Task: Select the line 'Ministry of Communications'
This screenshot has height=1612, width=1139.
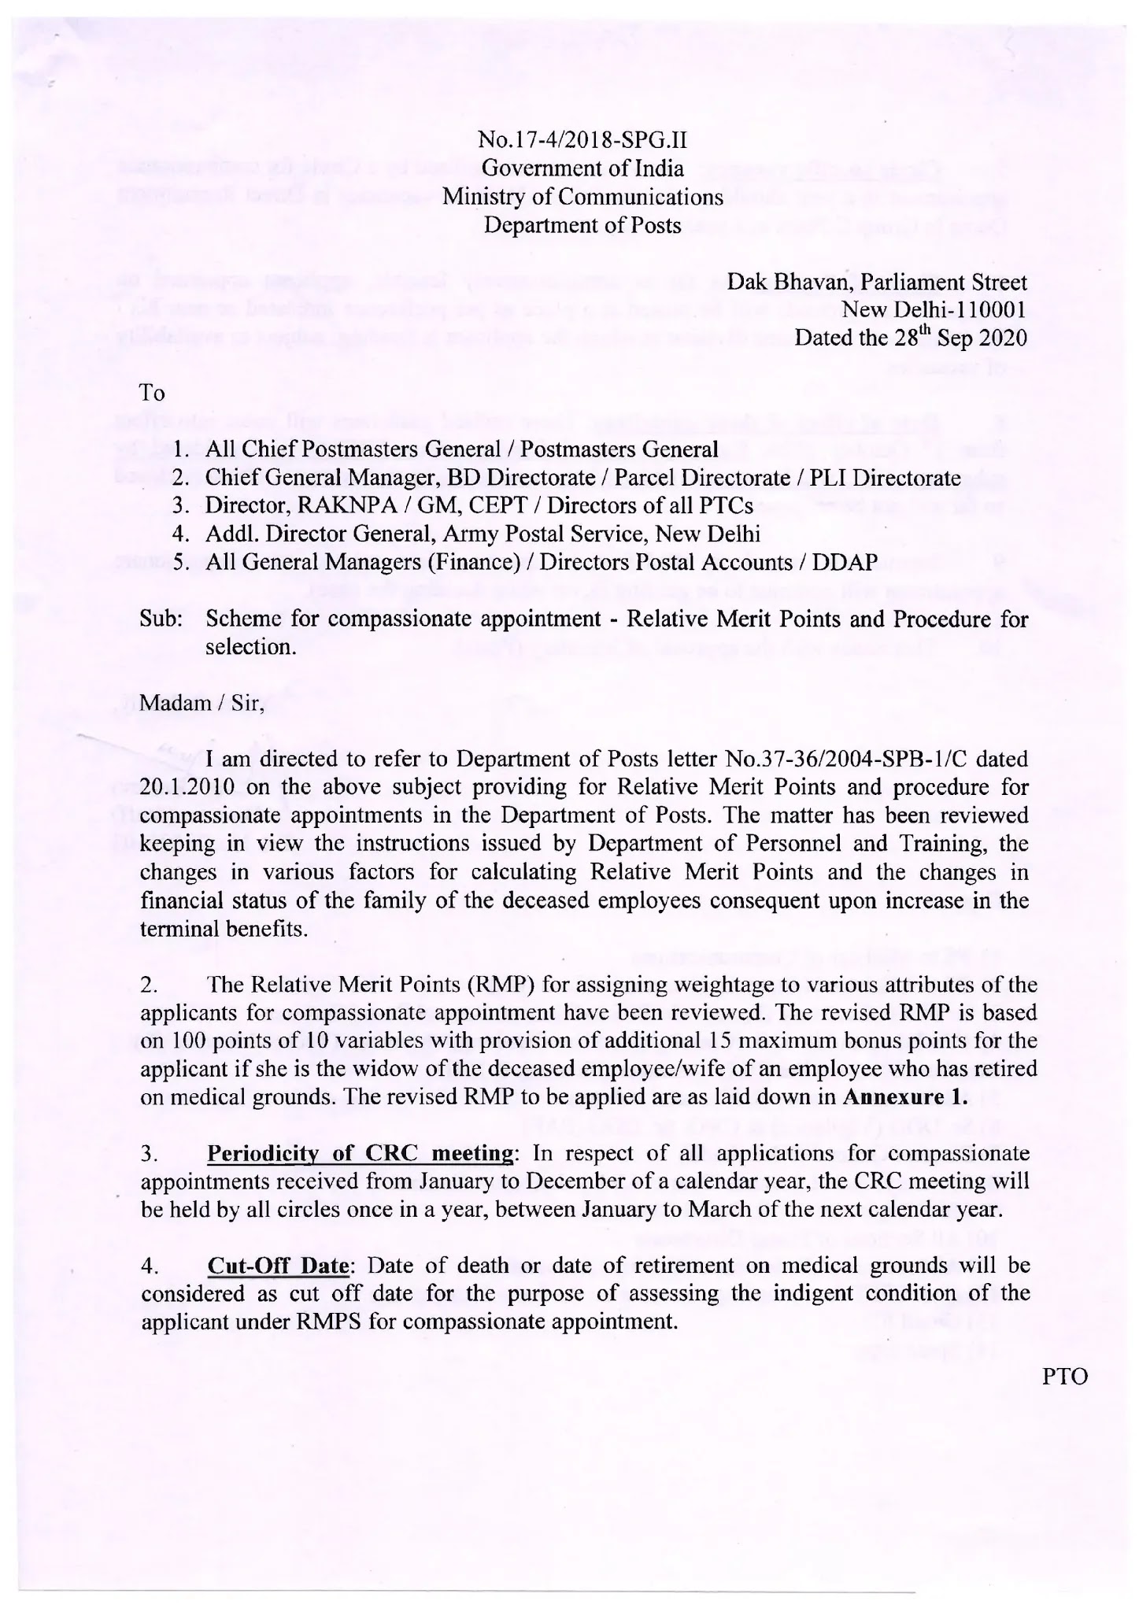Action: click(582, 197)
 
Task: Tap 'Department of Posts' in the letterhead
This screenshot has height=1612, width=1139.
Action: click(582, 225)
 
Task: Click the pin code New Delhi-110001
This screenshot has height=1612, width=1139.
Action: click(934, 309)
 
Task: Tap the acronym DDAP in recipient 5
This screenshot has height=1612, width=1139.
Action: click(845, 563)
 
